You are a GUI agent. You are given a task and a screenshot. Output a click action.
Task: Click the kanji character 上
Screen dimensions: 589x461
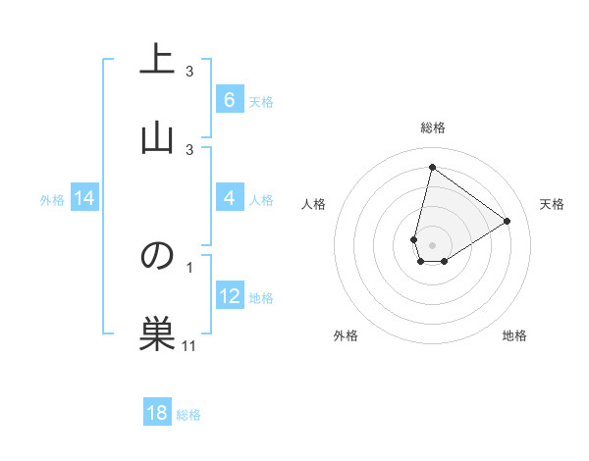(157, 60)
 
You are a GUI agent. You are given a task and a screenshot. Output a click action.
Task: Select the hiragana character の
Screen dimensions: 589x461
(157, 256)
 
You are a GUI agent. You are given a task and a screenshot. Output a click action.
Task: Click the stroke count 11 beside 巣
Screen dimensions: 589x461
(189, 345)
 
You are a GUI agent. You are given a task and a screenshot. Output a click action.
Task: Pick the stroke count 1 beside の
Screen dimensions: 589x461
(189, 267)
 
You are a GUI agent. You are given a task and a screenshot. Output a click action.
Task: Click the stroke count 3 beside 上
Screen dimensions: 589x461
(189, 72)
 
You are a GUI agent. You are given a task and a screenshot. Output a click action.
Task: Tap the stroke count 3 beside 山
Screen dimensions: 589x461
(189, 149)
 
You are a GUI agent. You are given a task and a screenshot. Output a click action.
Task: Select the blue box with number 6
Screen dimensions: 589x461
(229, 100)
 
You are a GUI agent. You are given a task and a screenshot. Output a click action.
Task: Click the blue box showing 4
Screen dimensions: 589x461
(229, 199)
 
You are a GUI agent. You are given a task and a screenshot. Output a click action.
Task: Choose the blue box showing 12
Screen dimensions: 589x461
(229, 297)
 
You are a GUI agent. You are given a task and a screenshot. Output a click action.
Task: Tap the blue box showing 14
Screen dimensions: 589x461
(84, 199)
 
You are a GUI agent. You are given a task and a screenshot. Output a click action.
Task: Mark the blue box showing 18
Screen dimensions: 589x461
(157, 413)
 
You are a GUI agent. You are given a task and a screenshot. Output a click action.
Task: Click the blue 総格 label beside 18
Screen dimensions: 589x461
(188, 415)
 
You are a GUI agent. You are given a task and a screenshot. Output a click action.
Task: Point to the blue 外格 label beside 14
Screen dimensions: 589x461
(52, 200)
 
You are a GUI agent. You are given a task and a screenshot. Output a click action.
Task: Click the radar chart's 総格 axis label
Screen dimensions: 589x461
(433, 128)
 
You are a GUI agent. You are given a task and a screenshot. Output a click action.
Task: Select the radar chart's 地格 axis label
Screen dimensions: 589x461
(514, 335)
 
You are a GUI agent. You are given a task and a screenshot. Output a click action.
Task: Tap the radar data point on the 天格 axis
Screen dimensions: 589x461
(508, 222)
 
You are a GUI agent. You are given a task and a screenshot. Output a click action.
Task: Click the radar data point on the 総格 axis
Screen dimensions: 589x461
(432, 167)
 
